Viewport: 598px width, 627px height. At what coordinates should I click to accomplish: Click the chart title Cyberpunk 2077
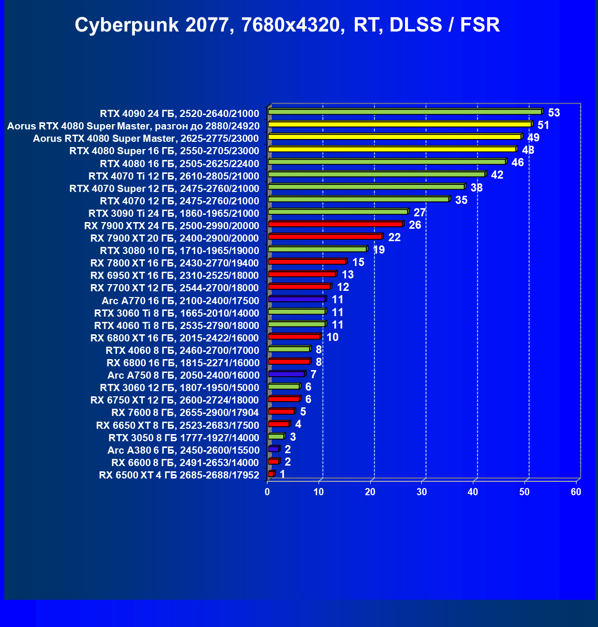pos(287,25)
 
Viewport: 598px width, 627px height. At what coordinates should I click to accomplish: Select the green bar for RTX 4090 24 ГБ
pos(405,112)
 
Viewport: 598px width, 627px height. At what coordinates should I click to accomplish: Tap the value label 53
pos(554,113)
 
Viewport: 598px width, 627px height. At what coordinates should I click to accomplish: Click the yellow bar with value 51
pos(400,124)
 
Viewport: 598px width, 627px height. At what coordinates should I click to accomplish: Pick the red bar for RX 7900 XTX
pos(335,224)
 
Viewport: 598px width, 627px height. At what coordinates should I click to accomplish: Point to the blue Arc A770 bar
pos(297,299)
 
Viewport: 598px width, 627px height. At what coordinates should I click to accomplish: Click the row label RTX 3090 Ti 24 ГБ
pos(173,213)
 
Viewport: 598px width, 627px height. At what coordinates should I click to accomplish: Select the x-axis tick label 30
pos(422,492)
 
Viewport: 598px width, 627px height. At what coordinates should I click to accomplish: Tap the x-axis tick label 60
pos(576,492)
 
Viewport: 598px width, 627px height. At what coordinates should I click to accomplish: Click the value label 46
pos(517,162)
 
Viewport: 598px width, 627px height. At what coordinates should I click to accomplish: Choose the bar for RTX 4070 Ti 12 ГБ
pos(376,174)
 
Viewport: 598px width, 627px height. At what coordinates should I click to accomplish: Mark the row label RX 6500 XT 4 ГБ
pos(179,475)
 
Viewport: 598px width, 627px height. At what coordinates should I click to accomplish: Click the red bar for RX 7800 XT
pos(307,262)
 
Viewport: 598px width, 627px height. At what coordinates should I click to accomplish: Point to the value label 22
pos(394,237)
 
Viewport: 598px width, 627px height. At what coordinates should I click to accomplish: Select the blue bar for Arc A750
pos(287,374)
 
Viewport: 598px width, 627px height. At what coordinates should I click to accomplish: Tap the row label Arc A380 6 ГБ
pos(183,450)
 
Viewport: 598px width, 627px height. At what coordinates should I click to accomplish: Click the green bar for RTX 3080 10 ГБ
pos(317,249)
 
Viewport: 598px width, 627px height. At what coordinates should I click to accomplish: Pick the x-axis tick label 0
pos(267,492)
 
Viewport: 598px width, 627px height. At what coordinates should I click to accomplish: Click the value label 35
pos(461,200)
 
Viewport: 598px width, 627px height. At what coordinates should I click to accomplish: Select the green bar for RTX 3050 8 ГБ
pos(276,436)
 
